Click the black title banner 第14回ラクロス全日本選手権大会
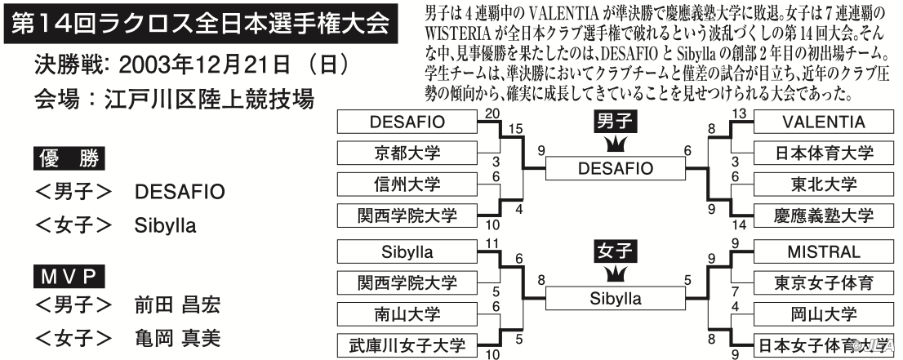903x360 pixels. [x=200, y=24]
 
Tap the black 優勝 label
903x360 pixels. [x=69, y=158]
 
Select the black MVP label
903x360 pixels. [x=69, y=277]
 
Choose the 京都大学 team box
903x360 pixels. [x=407, y=153]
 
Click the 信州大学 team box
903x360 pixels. [x=407, y=184]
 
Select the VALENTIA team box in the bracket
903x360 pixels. [x=824, y=122]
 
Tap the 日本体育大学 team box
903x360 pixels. [x=824, y=153]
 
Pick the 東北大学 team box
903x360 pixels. [x=824, y=184]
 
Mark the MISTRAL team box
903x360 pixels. [x=824, y=252]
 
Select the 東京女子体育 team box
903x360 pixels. [x=824, y=282]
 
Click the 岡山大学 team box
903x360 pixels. [x=824, y=314]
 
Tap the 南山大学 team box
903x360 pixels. [x=407, y=314]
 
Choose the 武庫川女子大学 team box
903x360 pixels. [x=407, y=345]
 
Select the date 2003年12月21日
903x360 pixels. [x=204, y=65]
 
